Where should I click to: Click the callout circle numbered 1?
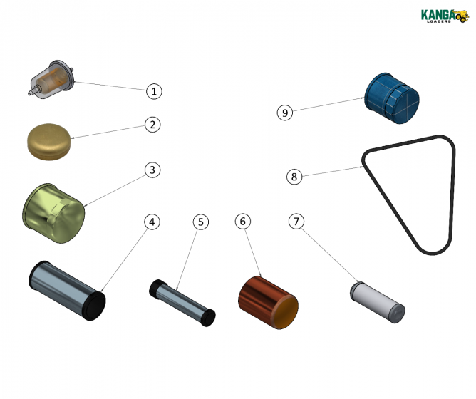click(x=155, y=91)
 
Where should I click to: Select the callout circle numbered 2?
click(x=152, y=124)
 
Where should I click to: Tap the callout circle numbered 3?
click(x=152, y=170)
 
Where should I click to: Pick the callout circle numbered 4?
click(x=150, y=222)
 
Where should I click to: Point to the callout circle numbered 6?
click(x=243, y=222)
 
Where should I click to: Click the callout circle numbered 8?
click(x=294, y=176)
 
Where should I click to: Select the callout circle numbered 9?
click(x=285, y=112)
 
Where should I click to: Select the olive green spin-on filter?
click(x=53, y=212)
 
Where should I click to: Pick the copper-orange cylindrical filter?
click(x=267, y=303)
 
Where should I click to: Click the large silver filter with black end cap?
click(x=66, y=289)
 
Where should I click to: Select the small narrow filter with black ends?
click(x=182, y=301)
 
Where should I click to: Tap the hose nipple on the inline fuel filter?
click(x=28, y=91)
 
